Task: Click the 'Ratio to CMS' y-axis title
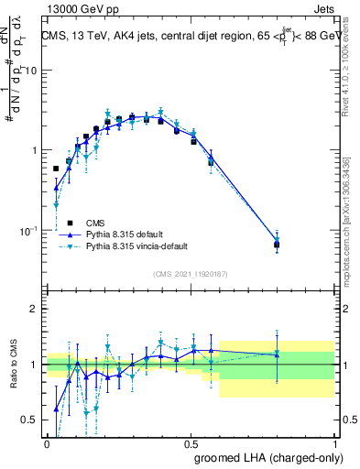12,365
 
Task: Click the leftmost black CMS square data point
56,169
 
